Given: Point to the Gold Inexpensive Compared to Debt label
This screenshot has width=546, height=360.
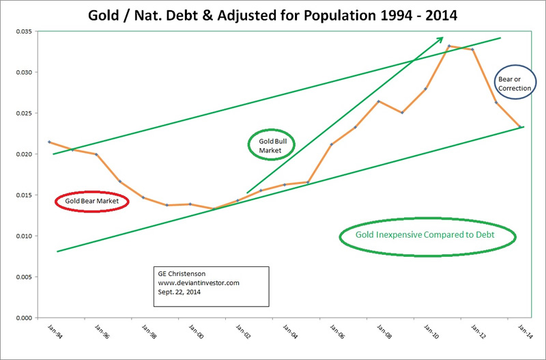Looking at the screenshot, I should coord(428,236).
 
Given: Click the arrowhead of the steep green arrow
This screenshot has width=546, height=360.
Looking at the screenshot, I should coord(441,38).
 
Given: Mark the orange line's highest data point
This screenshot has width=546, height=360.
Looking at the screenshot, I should coord(449,46).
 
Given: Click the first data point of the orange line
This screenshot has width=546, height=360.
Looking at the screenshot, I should coord(49,141).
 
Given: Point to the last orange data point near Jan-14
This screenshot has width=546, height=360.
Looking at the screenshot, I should coord(520,126).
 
